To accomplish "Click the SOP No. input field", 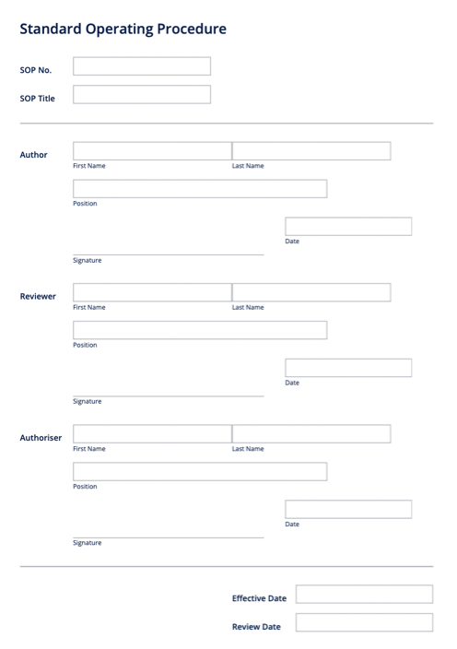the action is [141, 66].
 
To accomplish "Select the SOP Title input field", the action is [141, 95].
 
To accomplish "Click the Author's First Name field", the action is [152, 151].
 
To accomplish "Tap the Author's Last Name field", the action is [311, 151].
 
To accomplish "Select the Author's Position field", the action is [200, 189].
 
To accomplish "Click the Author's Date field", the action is [348, 227].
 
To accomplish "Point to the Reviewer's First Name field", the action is [152, 292].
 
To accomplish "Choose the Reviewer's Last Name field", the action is [311, 292].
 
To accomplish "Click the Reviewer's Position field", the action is [200, 330].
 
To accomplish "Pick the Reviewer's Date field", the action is [348, 368].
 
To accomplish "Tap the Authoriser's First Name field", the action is [152, 433].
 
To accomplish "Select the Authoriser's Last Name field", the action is [311, 433].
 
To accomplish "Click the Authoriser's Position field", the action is [200, 471].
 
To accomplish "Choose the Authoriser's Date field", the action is [348, 509].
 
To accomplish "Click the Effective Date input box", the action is [364, 595].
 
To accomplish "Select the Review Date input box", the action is [364, 623].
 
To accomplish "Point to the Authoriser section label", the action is [41, 438].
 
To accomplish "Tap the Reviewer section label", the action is [39, 297].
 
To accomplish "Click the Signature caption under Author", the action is [88, 261].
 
